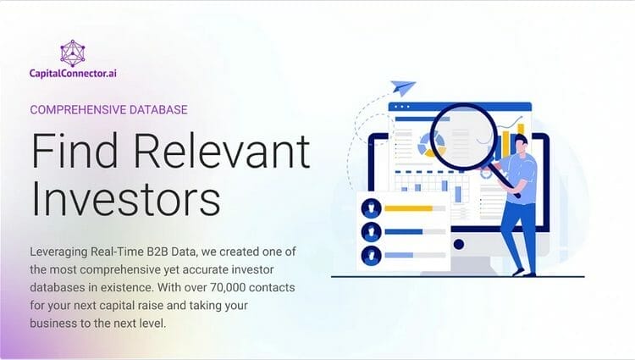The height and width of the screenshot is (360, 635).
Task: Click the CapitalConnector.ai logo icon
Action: [74, 53]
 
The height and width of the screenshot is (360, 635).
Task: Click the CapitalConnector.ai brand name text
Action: [74, 75]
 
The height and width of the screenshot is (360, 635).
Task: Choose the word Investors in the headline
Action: [125, 201]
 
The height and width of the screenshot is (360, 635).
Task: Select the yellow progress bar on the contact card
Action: [409, 208]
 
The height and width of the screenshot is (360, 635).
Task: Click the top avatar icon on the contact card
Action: [371, 208]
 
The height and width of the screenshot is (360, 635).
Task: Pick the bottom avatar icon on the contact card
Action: [371, 254]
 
